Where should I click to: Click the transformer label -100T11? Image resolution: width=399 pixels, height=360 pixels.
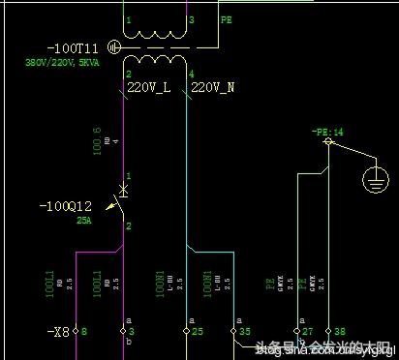pyautogui.click(x=74, y=47)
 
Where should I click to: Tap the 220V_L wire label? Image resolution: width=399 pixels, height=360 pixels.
pyautogui.click(x=149, y=88)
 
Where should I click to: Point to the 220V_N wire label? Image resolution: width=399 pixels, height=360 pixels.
pyautogui.click(x=213, y=88)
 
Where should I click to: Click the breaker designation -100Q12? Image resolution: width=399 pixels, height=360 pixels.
pyautogui.click(x=66, y=206)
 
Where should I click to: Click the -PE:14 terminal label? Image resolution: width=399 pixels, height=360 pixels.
pyautogui.click(x=327, y=131)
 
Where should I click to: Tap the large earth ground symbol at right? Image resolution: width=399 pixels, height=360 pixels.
pyautogui.click(x=373, y=179)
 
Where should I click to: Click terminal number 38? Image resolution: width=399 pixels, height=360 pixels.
pyautogui.click(x=338, y=331)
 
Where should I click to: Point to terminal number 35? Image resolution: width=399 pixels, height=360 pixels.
pyautogui.click(x=244, y=331)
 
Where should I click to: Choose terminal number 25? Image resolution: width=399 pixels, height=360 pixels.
pyautogui.click(x=197, y=331)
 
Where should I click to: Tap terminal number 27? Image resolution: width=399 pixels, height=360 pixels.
pyautogui.click(x=308, y=331)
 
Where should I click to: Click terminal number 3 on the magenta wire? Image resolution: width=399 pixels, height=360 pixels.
pyautogui.click(x=132, y=331)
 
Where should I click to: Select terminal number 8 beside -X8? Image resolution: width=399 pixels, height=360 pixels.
pyautogui.click(x=83, y=331)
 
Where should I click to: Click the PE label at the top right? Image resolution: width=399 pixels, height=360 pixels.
pyautogui.click(x=227, y=19)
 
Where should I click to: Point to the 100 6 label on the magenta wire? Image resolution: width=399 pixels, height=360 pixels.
pyautogui.click(x=97, y=140)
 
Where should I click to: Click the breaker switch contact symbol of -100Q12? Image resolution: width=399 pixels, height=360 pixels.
pyautogui.click(x=121, y=199)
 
